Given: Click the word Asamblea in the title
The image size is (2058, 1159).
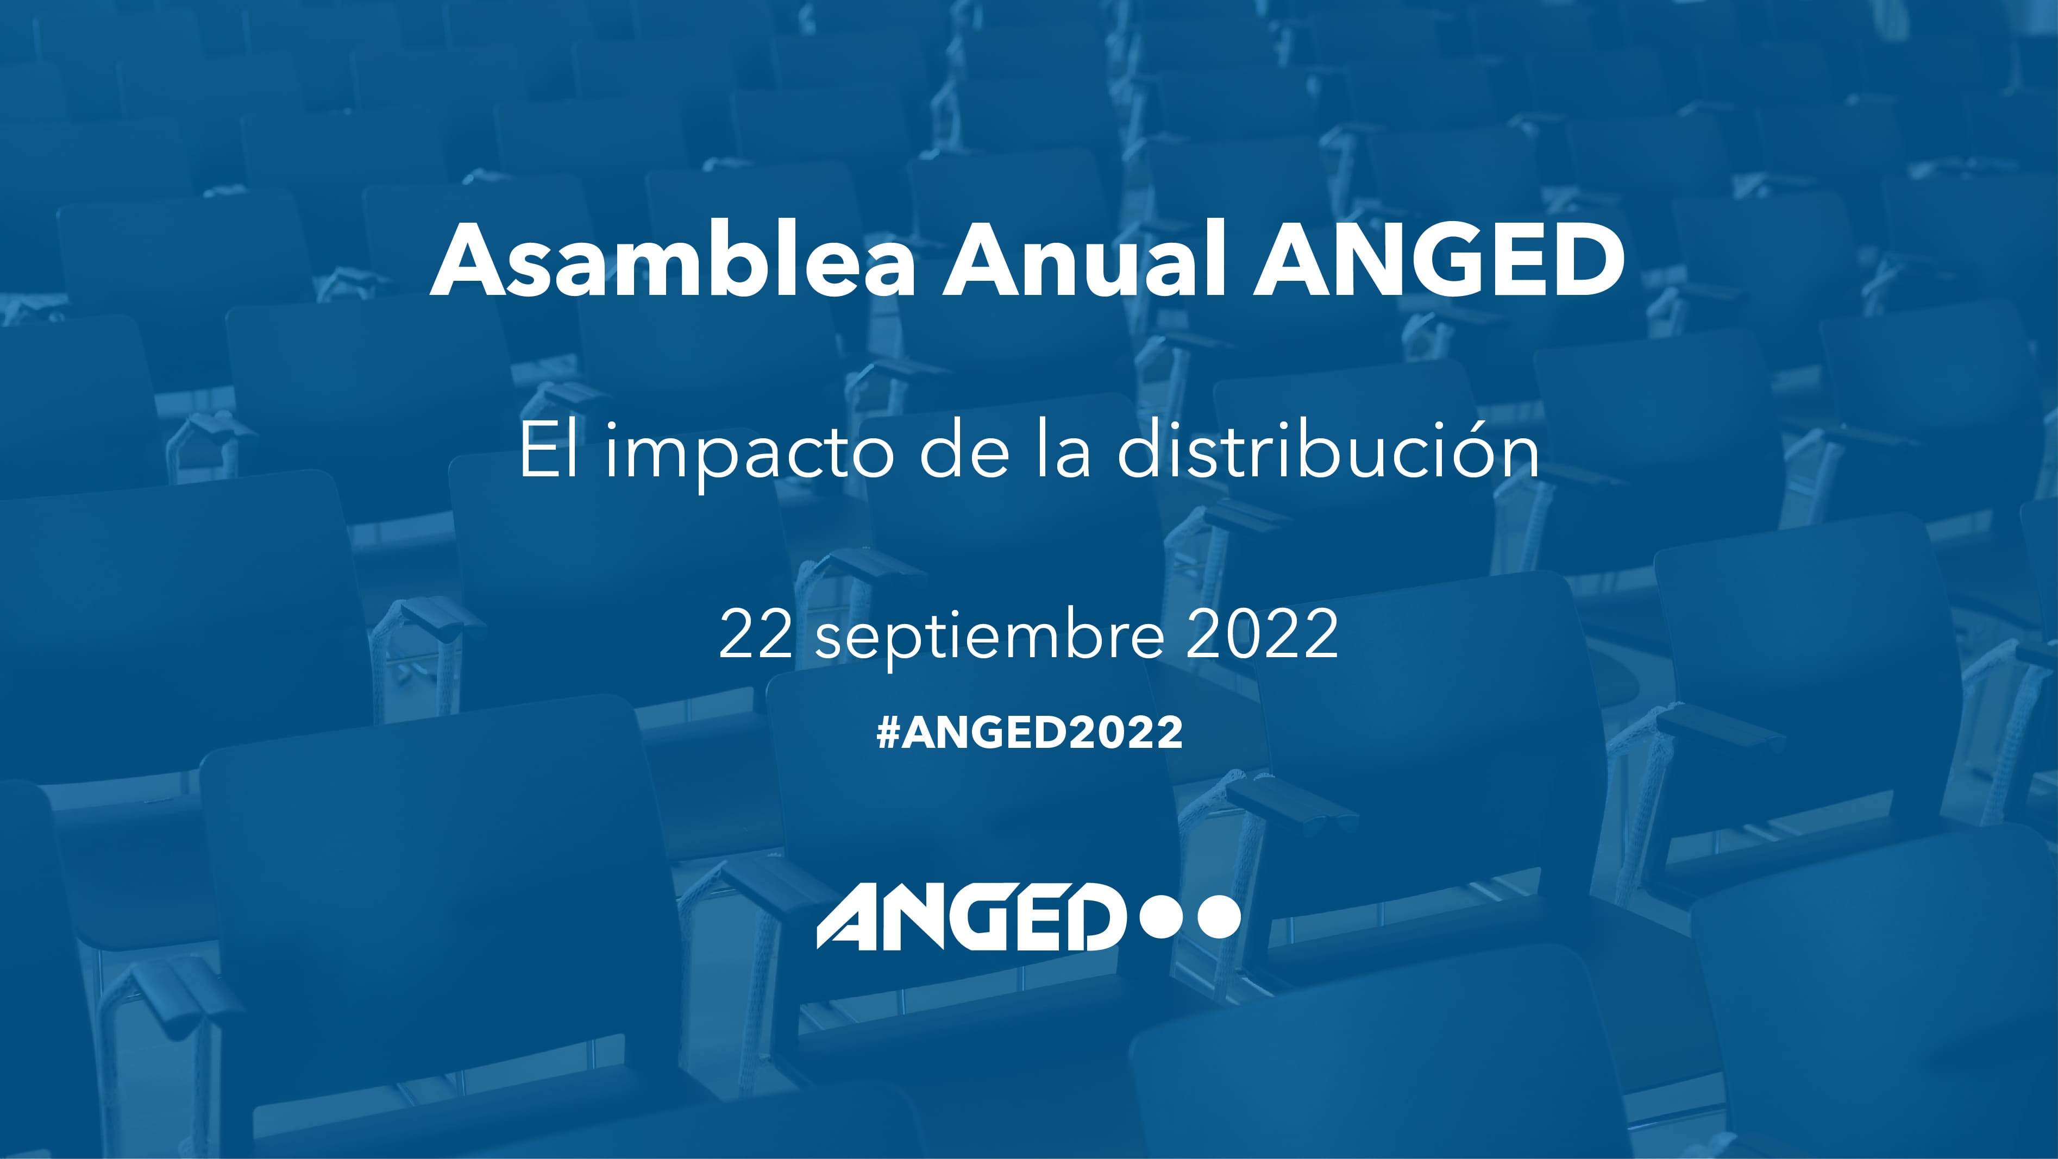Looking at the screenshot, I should click(671, 260).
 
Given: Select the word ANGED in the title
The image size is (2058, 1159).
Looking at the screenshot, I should click(1438, 260).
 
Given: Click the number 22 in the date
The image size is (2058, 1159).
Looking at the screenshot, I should click(755, 633).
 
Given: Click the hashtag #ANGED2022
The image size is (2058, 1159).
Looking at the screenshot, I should click(1029, 732).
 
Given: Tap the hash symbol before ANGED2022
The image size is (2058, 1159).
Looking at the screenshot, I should click(888, 732).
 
